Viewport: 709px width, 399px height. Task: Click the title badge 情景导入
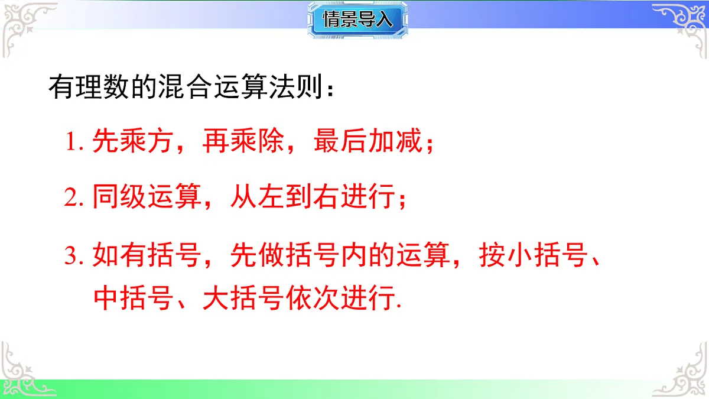pos(357,20)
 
